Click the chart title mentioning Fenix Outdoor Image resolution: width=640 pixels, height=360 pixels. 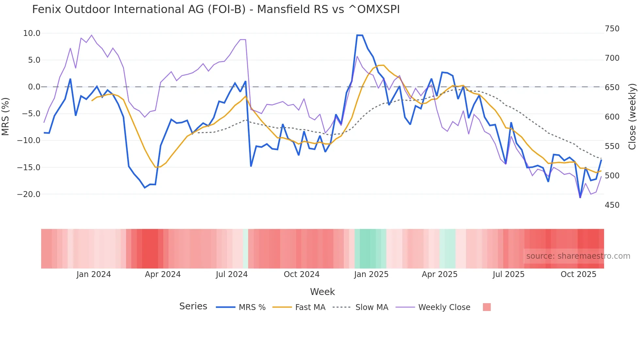[216, 9]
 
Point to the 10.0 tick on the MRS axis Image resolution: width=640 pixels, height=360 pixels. [32, 33]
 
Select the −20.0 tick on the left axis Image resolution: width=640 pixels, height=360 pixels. [29, 194]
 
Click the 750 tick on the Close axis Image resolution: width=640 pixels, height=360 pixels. [612, 29]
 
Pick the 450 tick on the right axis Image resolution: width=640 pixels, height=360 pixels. [612, 205]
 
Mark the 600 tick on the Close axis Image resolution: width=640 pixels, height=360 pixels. [612, 117]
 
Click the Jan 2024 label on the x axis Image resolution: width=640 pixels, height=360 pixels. [94, 274]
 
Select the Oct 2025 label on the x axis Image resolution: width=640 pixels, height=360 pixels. [578, 274]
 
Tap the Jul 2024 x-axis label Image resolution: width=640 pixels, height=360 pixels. [232, 274]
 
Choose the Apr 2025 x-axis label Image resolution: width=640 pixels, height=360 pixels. [440, 274]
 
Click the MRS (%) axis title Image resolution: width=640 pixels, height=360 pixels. [6, 116]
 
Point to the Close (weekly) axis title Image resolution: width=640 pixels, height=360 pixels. [632, 116]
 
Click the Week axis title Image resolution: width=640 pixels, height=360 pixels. [322, 292]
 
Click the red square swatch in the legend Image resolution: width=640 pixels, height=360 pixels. [487, 307]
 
